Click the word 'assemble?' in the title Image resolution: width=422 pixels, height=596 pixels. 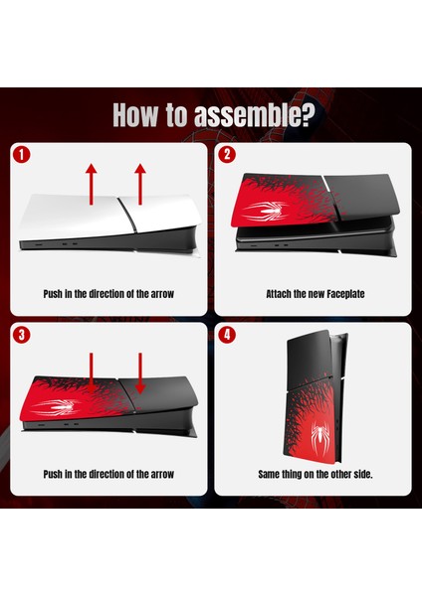click(255, 115)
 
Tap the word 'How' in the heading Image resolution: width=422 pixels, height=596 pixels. click(135, 114)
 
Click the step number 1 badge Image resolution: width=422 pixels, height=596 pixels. click(21, 155)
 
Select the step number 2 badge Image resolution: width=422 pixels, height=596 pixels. click(227, 155)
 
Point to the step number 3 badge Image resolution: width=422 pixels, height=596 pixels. click(21, 335)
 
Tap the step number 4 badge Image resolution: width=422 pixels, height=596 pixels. click(227, 335)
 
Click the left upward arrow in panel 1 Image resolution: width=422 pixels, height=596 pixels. click(91, 185)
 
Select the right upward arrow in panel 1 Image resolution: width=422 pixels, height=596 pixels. click(140, 185)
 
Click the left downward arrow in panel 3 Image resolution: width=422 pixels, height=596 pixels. click(91, 373)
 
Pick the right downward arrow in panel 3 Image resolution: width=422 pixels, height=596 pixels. click(140, 373)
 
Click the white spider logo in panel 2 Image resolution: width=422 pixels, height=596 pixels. click(265, 211)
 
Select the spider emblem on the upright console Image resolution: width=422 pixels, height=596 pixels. click(319, 435)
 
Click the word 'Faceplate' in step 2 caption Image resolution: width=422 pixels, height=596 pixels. click(345, 294)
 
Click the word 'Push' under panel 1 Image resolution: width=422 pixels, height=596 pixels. click(53, 294)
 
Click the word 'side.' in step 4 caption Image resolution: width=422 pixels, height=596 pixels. click(362, 474)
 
